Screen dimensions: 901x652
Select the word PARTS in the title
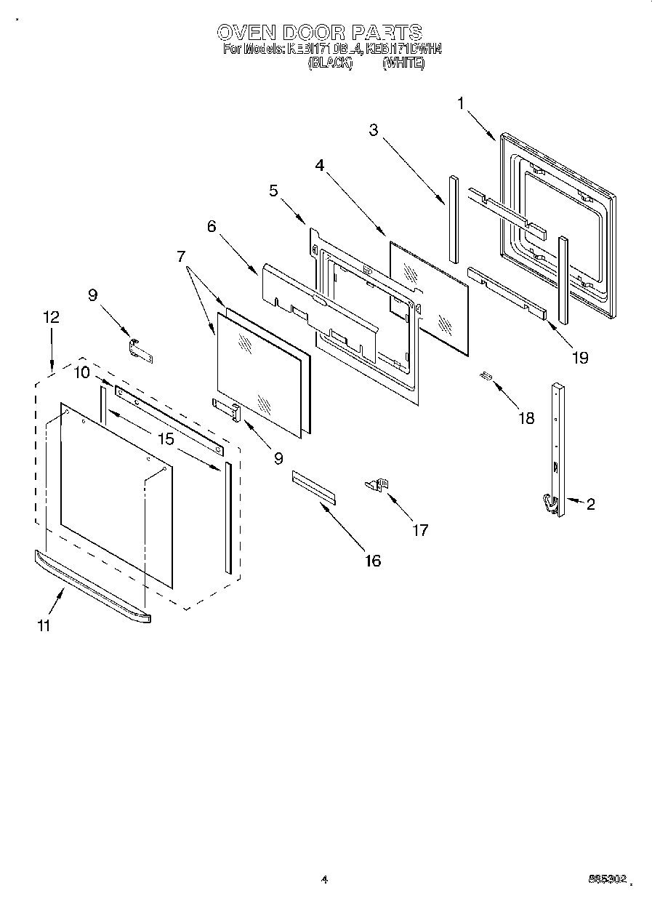coord(386,33)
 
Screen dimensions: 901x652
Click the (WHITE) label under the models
coord(403,63)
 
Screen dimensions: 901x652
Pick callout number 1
coord(461,104)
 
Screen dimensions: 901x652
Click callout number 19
coord(579,357)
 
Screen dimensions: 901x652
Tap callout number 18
coord(526,418)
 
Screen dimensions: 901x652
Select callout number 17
coord(420,530)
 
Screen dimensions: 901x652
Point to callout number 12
coord(51,317)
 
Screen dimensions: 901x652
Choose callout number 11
coord(44,625)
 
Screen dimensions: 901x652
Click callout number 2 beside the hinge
coord(590,504)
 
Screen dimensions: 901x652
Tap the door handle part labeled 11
coord(92,585)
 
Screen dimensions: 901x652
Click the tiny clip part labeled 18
coord(486,376)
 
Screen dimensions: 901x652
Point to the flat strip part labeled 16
coord(314,486)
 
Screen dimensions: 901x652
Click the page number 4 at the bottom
coord(325,879)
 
